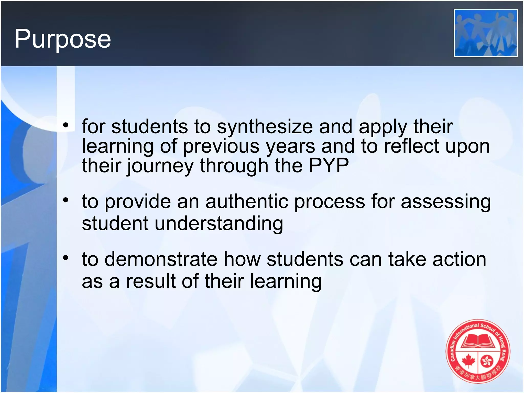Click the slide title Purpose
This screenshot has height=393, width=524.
(x=63, y=39)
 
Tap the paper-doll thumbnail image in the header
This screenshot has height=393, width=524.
(x=485, y=33)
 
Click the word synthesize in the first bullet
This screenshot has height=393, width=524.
(x=265, y=127)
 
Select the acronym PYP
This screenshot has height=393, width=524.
(x=329, y=166)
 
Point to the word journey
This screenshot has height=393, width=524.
(x=160, y=166)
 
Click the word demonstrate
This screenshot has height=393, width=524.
(x=161, y=259)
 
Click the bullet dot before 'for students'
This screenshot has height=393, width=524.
(x=66, y=125)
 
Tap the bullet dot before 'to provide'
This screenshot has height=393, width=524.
(x=66, y=200)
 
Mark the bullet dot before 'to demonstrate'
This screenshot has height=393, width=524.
(x=66, y=258)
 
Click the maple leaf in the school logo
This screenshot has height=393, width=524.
(x=468, y=361)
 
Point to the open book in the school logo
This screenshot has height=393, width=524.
(x=478, y=341)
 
